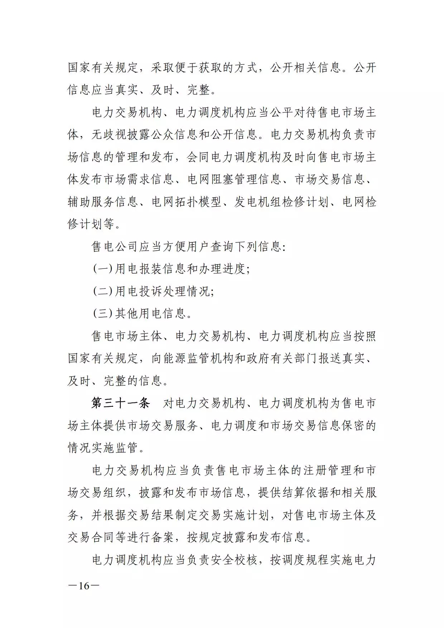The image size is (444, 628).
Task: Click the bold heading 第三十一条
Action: [x=120, y=404]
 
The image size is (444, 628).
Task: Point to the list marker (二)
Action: [x=103, y=291]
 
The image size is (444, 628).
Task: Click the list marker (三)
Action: [x=103, y=314]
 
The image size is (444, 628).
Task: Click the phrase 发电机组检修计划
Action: [x=281, y=202]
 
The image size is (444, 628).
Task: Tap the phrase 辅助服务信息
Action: [x=103, y=202]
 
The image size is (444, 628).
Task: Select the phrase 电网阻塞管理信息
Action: [x=234, y=180]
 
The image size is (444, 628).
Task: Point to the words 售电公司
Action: [x=115, y=247]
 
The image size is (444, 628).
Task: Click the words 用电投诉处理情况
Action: [x=163, y=291]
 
